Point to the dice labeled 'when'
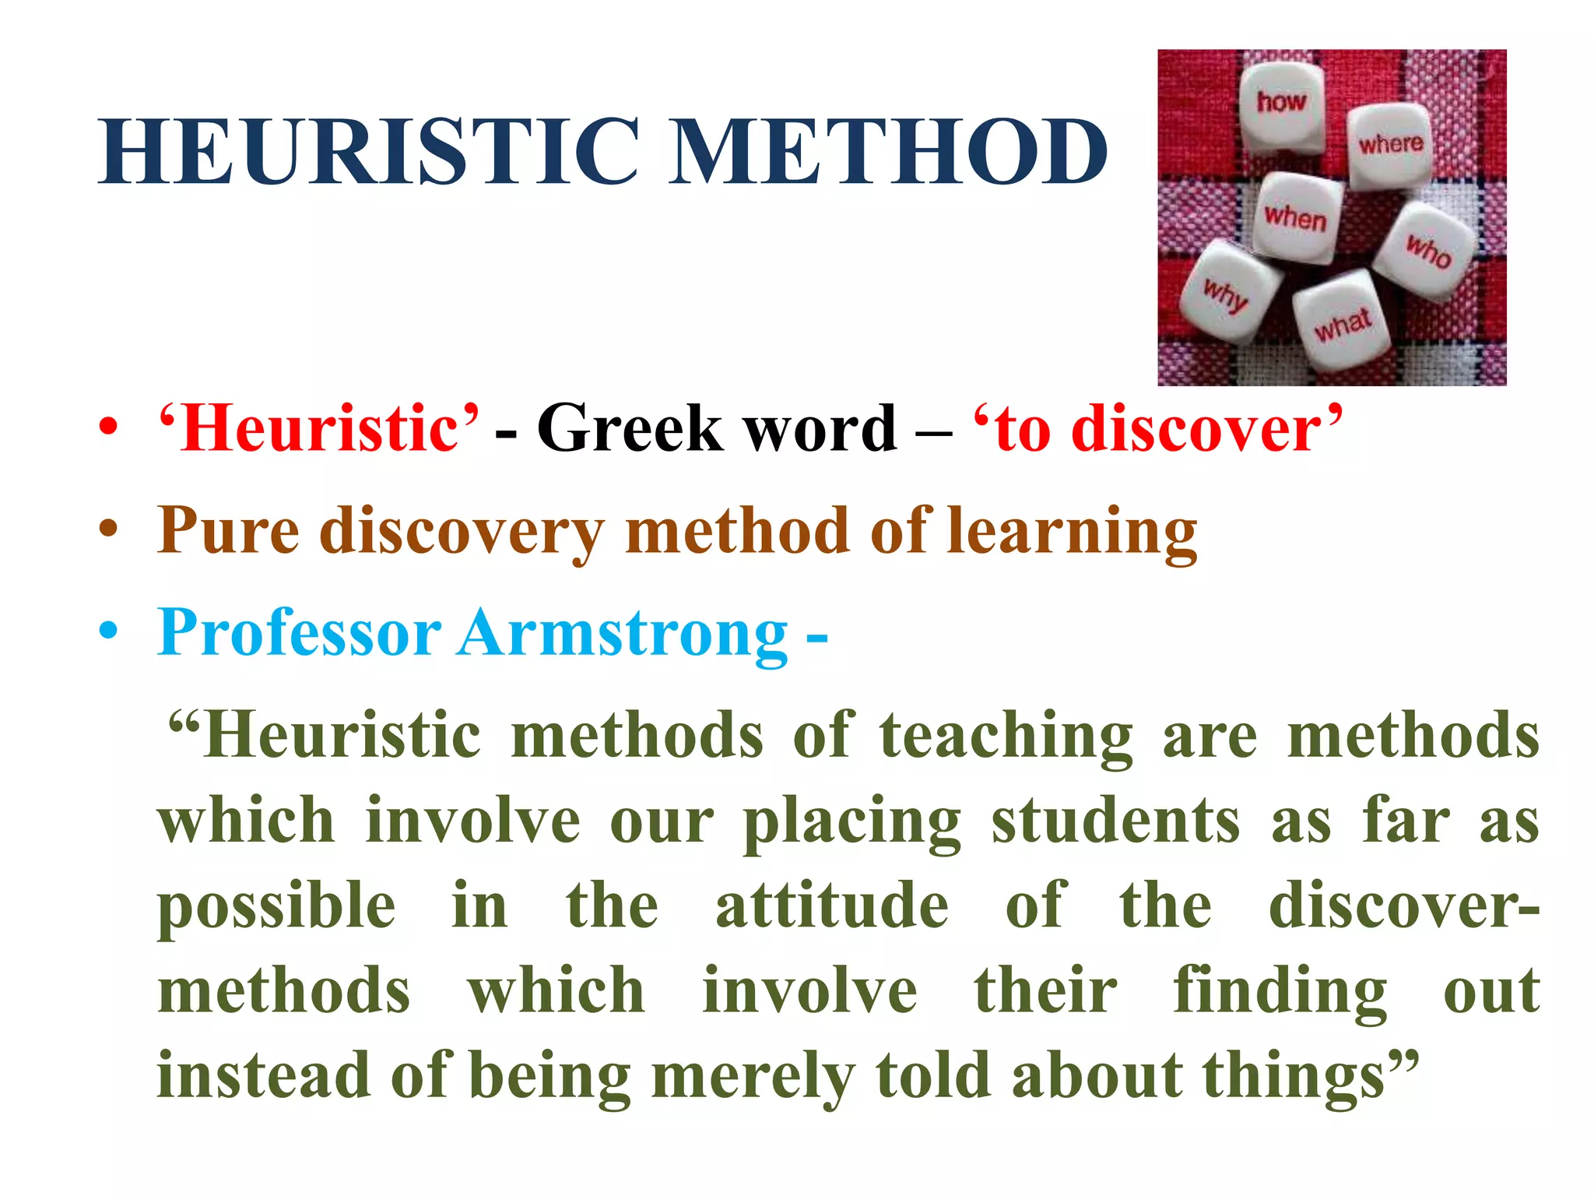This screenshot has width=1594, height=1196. click(x=1296, y=218)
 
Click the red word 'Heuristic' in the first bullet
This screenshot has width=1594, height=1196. click(x=318, y=429)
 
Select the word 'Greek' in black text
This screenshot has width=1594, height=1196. click(x=630, y=429)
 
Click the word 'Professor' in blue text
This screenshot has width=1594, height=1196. click(x=300, y=633)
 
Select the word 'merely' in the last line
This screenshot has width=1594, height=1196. click(x=753, y=1078)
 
